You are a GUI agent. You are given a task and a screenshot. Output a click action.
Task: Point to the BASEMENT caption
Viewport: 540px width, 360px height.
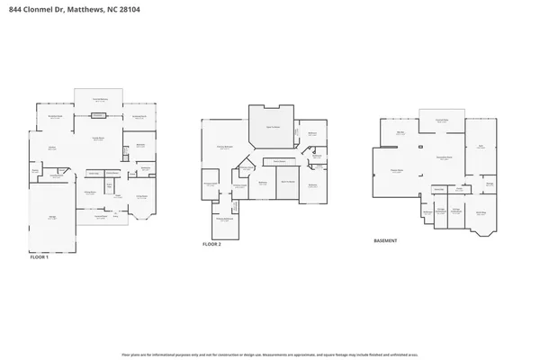tap(386, 240)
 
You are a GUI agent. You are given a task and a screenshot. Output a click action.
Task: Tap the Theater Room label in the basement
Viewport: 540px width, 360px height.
tap(396, 170)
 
